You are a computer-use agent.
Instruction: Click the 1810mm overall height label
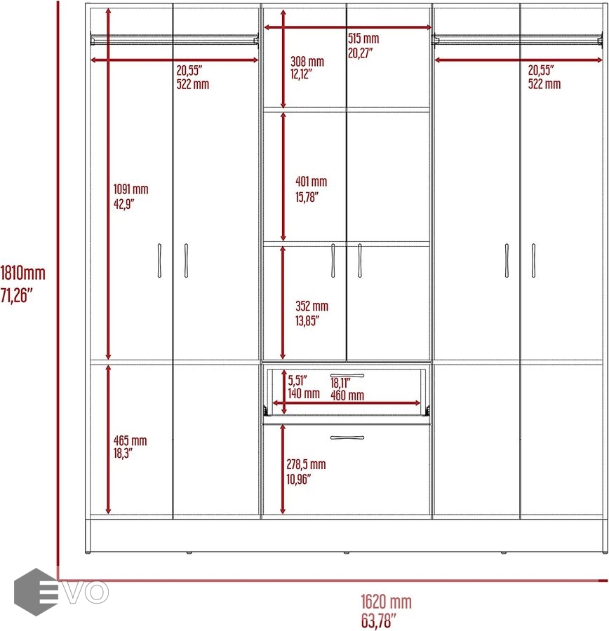(22, 273)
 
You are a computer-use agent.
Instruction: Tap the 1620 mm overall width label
(386, 602)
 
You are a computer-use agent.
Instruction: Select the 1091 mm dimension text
(131, 189)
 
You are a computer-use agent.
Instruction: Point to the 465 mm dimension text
(130, 441)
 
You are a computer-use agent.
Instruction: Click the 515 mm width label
(363, 39)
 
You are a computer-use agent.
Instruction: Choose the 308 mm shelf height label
(307, 62)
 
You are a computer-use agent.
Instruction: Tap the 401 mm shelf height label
(311, 182)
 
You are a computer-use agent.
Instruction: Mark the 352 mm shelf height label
(312, 306)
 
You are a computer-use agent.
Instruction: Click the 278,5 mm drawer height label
(306, 464)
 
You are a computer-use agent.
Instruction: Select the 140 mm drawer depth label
(304, 393)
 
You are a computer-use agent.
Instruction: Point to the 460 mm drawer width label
(347, 395)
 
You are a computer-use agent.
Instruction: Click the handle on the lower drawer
(347, 437)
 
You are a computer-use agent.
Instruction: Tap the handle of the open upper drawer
(347, 376)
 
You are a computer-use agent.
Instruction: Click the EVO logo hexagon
(36, 592)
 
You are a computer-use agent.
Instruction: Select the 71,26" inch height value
(16, 295)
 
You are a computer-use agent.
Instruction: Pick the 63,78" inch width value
(379, 620)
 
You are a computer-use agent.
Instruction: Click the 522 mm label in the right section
(544, 84)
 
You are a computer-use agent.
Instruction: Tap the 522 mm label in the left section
(192, 85)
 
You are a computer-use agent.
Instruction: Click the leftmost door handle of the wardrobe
(159, 260)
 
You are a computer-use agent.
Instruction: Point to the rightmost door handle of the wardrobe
(534, 260)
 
